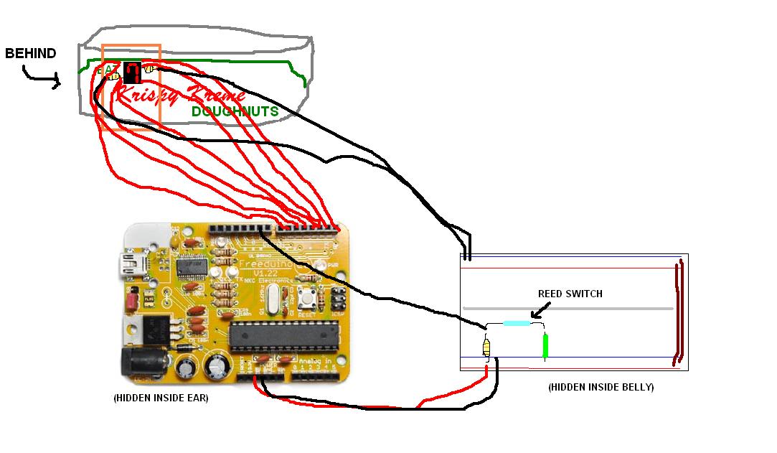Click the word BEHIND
click(30, 53)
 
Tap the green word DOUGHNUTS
click(235, 112)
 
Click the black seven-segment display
click(132, 72)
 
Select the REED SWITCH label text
click(570, 294)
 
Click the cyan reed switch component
click(517, 323)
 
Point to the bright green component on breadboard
click(545, 345)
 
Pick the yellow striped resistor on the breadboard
click(488, 348)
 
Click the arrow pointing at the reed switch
click(539, 309)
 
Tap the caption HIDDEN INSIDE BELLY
click(601, 388)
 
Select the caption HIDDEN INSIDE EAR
click(161, 398)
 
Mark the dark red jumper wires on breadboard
click(678, 314)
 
